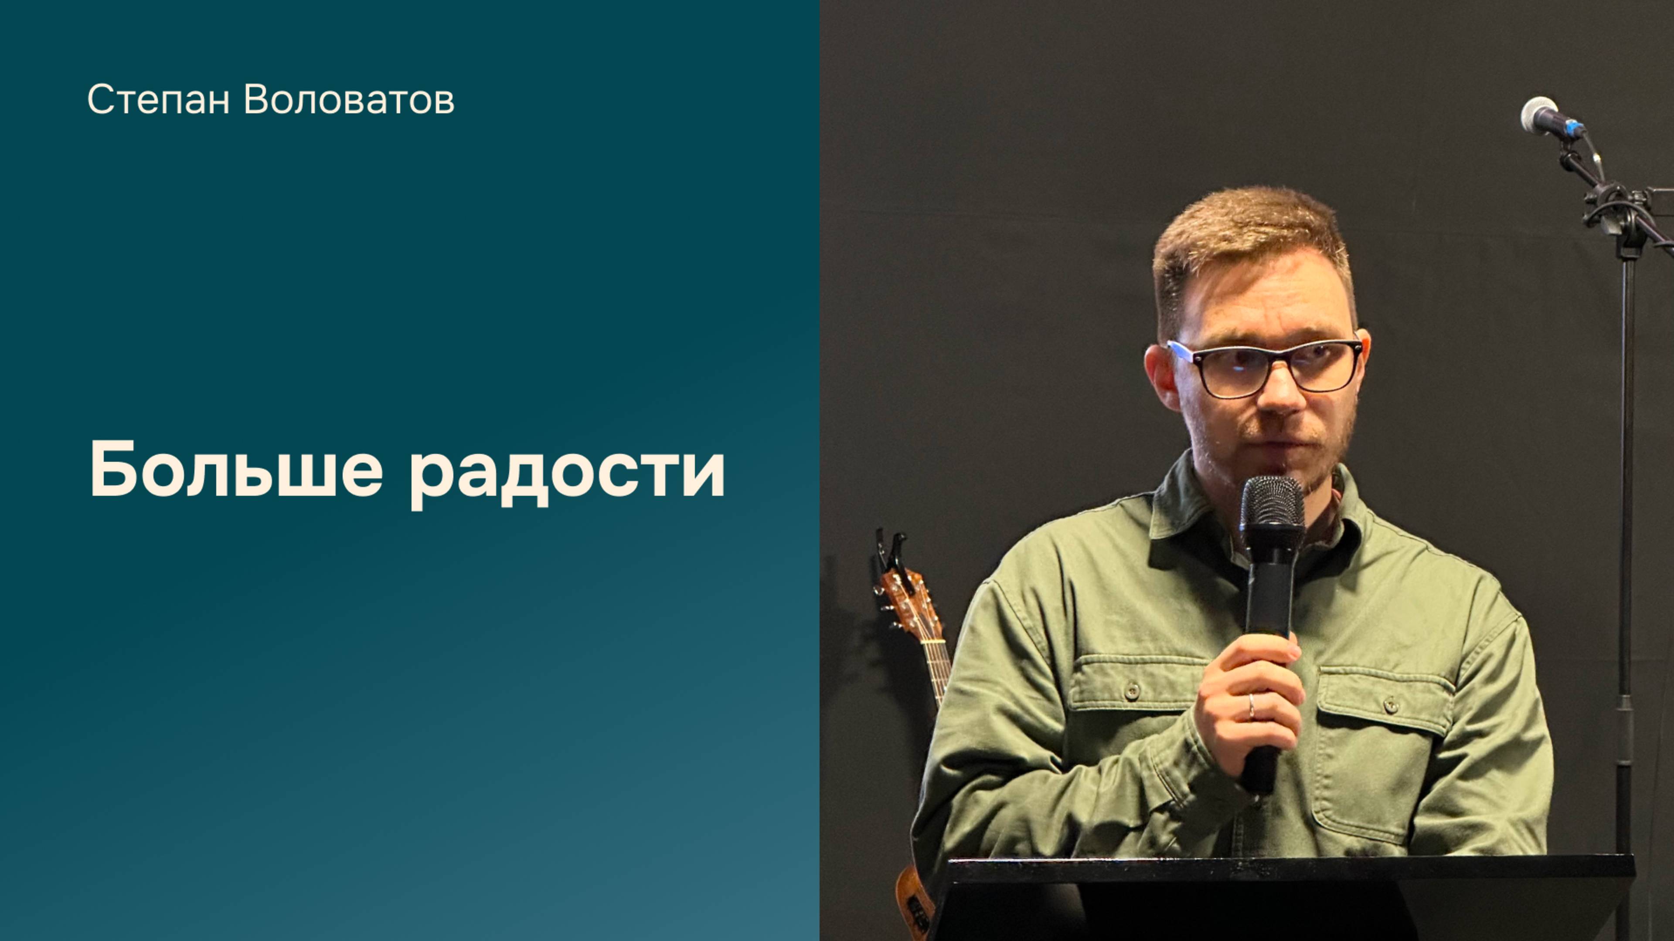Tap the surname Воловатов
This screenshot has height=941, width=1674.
coord(349,101)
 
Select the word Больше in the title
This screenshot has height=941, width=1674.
coord(236,470)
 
